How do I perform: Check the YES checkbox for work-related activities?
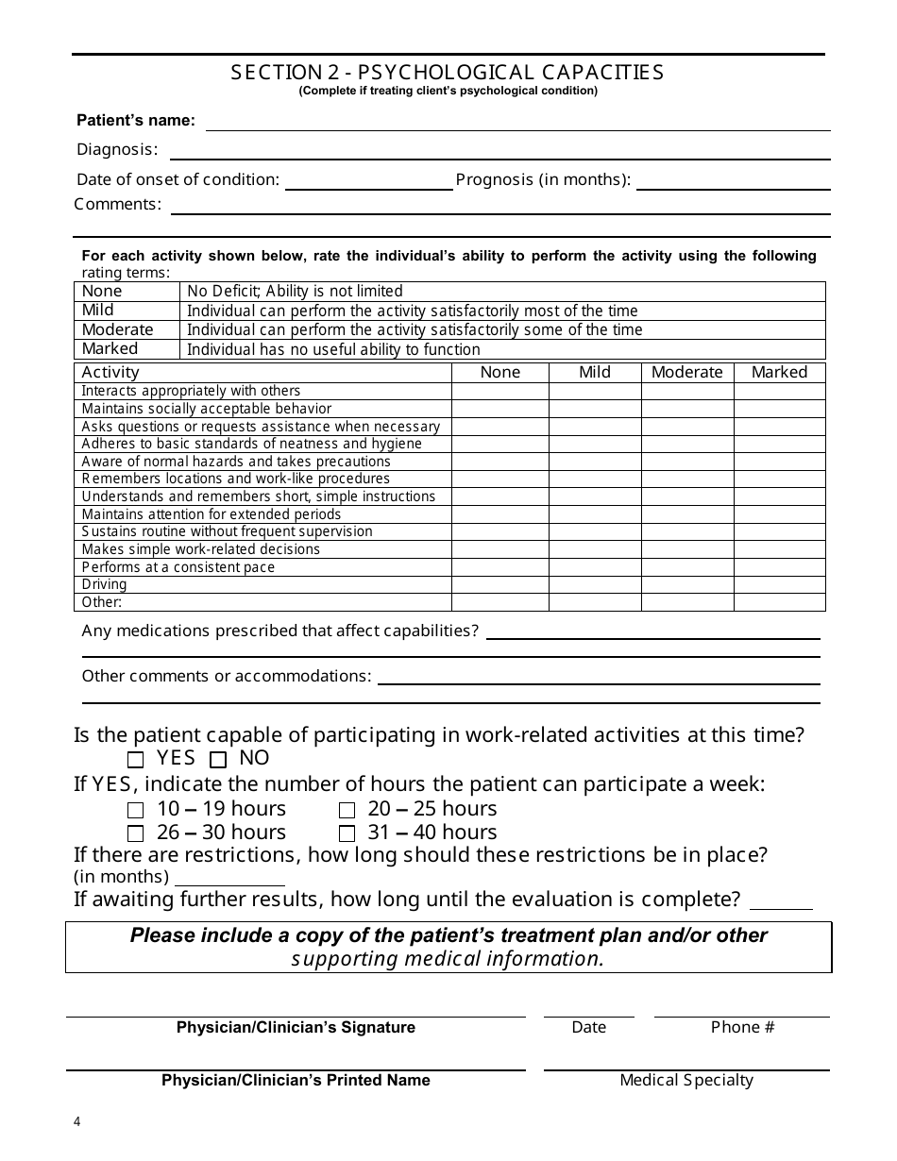tap(136, 759)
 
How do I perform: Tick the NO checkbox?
tap(218, 759)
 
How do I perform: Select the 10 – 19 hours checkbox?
tap(136, 810)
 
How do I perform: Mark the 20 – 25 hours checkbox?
tap(347, 810)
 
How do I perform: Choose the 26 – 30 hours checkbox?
tap(136, 833)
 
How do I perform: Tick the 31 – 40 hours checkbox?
tap(347, 833)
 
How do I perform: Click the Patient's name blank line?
tap(517, 123)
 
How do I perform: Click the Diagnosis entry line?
tap(499, 151)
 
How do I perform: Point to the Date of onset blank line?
tap(368, 182)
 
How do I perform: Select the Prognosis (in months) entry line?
tap(734, 182)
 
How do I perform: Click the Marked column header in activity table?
tap(779, 372)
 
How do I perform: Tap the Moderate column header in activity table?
tap(686, 372)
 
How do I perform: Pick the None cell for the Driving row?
tap(499, 584)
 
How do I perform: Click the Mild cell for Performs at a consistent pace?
tap(595, 567)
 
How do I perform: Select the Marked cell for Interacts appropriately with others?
tap(779, 391)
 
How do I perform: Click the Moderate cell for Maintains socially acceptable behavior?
tap(686, 409)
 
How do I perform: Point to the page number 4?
tap(77, 1122)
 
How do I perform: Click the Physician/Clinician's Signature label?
tap(296, 1027)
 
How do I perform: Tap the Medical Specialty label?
tap(686, 1081)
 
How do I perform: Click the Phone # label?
tap(742, 1027)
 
